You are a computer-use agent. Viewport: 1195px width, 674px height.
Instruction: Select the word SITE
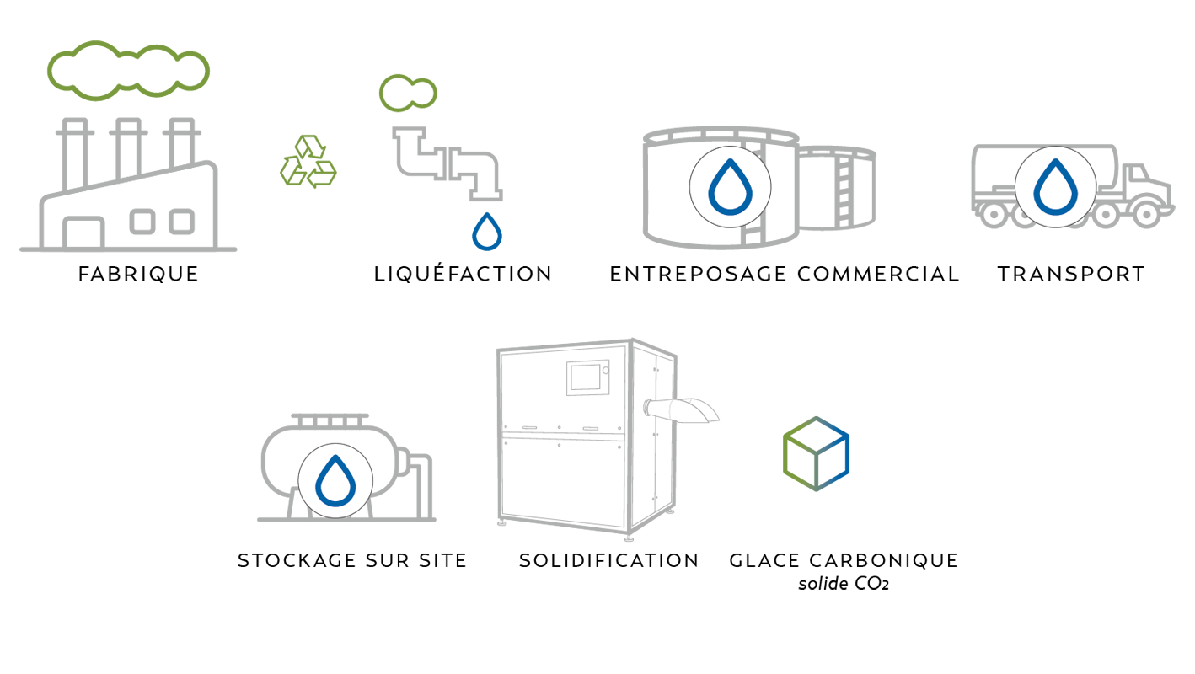tap(440, 561)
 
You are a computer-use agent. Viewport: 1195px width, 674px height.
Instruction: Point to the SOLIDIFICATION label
tap(608, 561)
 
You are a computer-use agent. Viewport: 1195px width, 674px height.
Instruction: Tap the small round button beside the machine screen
tap(605, 368)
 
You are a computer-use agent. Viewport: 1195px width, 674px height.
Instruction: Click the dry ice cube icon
tap(816, 453)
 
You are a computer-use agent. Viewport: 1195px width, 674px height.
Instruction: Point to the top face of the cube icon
tap(816, 430)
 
